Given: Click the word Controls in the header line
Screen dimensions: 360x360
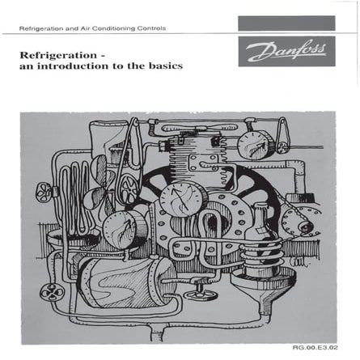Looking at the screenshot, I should click(152, 28).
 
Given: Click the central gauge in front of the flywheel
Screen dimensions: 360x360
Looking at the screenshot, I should click(176, 199).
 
